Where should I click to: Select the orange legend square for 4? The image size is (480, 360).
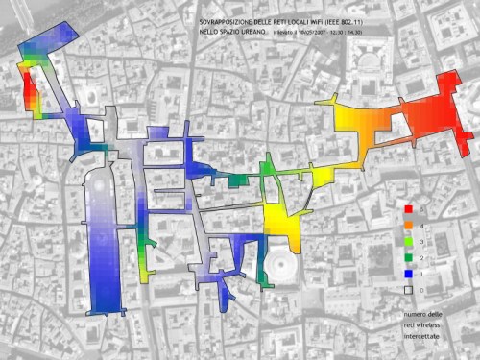pyautogui.click(x=407, y=225)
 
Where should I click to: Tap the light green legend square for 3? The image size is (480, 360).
pyautogui.click(x=407, y=241)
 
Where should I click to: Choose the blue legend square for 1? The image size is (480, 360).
pyautogui.click(x=407, y=273)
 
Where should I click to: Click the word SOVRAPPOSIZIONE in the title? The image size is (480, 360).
pyautogui.click(x=227, y=21)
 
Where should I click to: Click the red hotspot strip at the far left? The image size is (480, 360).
pyautogui.click(x=26, y=86)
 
